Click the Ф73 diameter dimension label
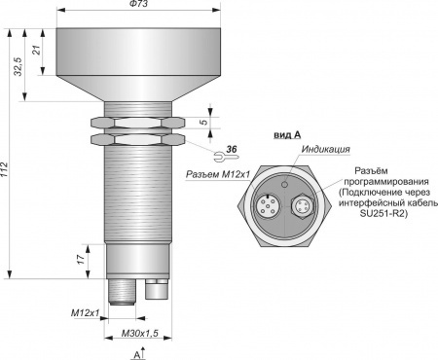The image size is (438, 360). pos(138,4)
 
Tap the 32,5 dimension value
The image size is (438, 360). pos(18,66)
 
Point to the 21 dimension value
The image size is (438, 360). pos(37,50)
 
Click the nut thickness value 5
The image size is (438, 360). pos(203,123)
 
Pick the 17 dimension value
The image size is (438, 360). pos(81,259)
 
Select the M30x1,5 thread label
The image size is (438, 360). pos(139,333)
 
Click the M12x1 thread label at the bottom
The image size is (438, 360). pos(85,313)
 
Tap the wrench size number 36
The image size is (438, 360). pos(232,149)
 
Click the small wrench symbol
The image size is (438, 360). pos(226,157)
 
